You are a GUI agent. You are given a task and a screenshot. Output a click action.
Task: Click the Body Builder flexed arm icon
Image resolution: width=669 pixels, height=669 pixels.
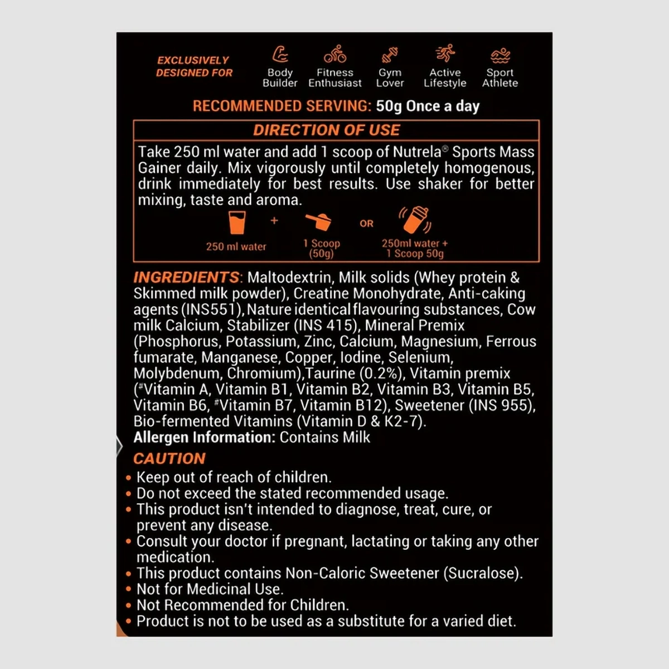tap(280, 55)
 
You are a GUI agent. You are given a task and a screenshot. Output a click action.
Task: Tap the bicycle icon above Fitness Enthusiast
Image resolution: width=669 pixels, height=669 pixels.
tap(335, 55)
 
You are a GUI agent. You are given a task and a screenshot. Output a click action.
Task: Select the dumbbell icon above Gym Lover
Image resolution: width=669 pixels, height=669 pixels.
tap(390, 55)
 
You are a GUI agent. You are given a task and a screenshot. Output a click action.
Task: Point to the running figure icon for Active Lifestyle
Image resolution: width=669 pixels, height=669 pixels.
tap(445, 54)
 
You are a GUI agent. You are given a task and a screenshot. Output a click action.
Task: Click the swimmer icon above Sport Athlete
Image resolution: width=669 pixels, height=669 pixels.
tap(500, 55)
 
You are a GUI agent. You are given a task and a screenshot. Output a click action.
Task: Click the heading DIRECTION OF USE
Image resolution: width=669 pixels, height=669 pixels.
tap(326, 130)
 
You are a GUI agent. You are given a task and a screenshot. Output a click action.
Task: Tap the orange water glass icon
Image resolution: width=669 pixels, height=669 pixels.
tap(237, 222)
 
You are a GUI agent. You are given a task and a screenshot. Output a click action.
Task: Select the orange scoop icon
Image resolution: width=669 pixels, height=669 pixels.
tap(319, 222)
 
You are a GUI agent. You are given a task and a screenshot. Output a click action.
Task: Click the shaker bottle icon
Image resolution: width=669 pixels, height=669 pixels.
tap(415, 220)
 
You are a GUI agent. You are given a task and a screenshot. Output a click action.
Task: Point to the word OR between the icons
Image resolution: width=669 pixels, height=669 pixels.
tap(366, 224)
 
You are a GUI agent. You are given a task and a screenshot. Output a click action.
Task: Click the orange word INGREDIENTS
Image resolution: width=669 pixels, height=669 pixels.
tap(186, 277)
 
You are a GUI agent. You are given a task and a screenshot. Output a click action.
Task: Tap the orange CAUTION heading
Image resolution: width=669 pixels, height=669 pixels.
tap(169, 459)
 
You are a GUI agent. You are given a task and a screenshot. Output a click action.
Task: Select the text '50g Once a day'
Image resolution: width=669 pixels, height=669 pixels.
tap(428, 106)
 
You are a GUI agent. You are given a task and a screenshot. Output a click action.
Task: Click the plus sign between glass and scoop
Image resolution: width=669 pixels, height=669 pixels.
tap(274, 221)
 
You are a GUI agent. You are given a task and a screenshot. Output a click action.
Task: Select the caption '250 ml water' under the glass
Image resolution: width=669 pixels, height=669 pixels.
tap(236, 246)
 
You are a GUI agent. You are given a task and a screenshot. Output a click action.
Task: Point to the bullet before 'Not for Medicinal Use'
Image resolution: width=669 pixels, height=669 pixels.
tap(129, 589)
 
